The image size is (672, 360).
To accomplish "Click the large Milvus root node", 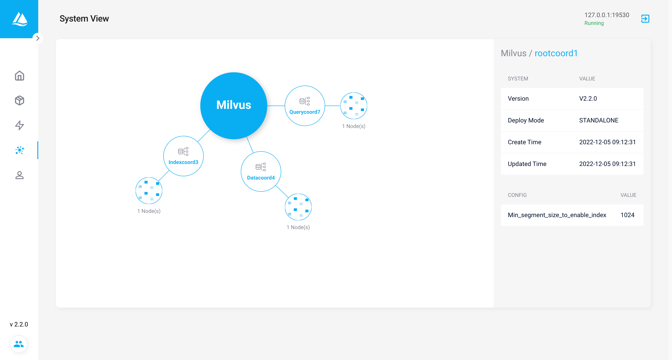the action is tap(234, 105).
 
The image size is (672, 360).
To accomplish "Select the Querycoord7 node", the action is tap(305, 106).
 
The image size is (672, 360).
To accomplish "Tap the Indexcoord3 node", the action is tap(183, 156).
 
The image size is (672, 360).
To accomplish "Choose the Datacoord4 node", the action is tap(261, 171).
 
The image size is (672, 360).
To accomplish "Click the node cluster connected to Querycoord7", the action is tap(354, 106).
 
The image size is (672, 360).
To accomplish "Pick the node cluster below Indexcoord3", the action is tap(149, 190).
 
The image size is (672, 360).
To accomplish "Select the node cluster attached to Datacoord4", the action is tap(298, 207).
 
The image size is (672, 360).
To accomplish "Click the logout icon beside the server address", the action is tap(645, 18).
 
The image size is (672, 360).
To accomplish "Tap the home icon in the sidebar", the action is tap(20, 76).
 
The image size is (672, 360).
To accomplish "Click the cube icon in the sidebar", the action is tap(20, 100).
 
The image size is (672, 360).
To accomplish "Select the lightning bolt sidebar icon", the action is tap(20, 125).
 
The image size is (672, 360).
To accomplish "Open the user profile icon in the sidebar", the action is tap(20, 175).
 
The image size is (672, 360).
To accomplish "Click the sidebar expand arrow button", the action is tap(38, 38).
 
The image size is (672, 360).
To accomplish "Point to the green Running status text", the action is tap(594, 23).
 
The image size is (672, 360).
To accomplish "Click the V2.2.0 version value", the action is tap(588, 99).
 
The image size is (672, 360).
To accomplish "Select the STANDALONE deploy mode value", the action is tap(599, 120).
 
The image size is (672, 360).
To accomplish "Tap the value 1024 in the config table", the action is tap(627, 215).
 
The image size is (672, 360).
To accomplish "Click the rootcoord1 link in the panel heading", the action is tap(556, 53).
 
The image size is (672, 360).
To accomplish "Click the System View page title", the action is tap(84, 18).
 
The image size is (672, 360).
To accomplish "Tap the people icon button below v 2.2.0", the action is tap(18, 344).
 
